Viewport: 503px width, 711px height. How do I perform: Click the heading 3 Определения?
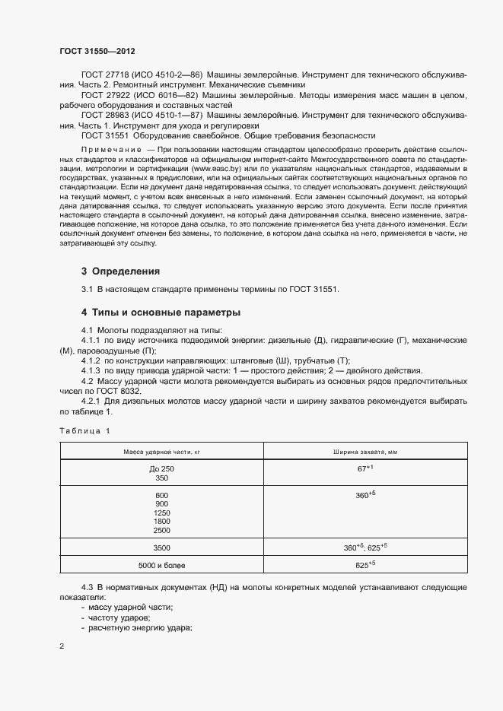(x=120, y=271)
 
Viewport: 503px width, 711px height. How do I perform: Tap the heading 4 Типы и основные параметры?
(x=161, y=313)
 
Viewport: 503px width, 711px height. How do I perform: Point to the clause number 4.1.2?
(x=91, y=360)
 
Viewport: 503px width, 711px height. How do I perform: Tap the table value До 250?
(x=161, y=468)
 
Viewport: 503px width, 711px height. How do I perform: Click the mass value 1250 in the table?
(x=161, y=513)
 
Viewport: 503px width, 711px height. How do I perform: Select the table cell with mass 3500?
(x=161, y=548)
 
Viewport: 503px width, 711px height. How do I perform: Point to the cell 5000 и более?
(x=161, y=566)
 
